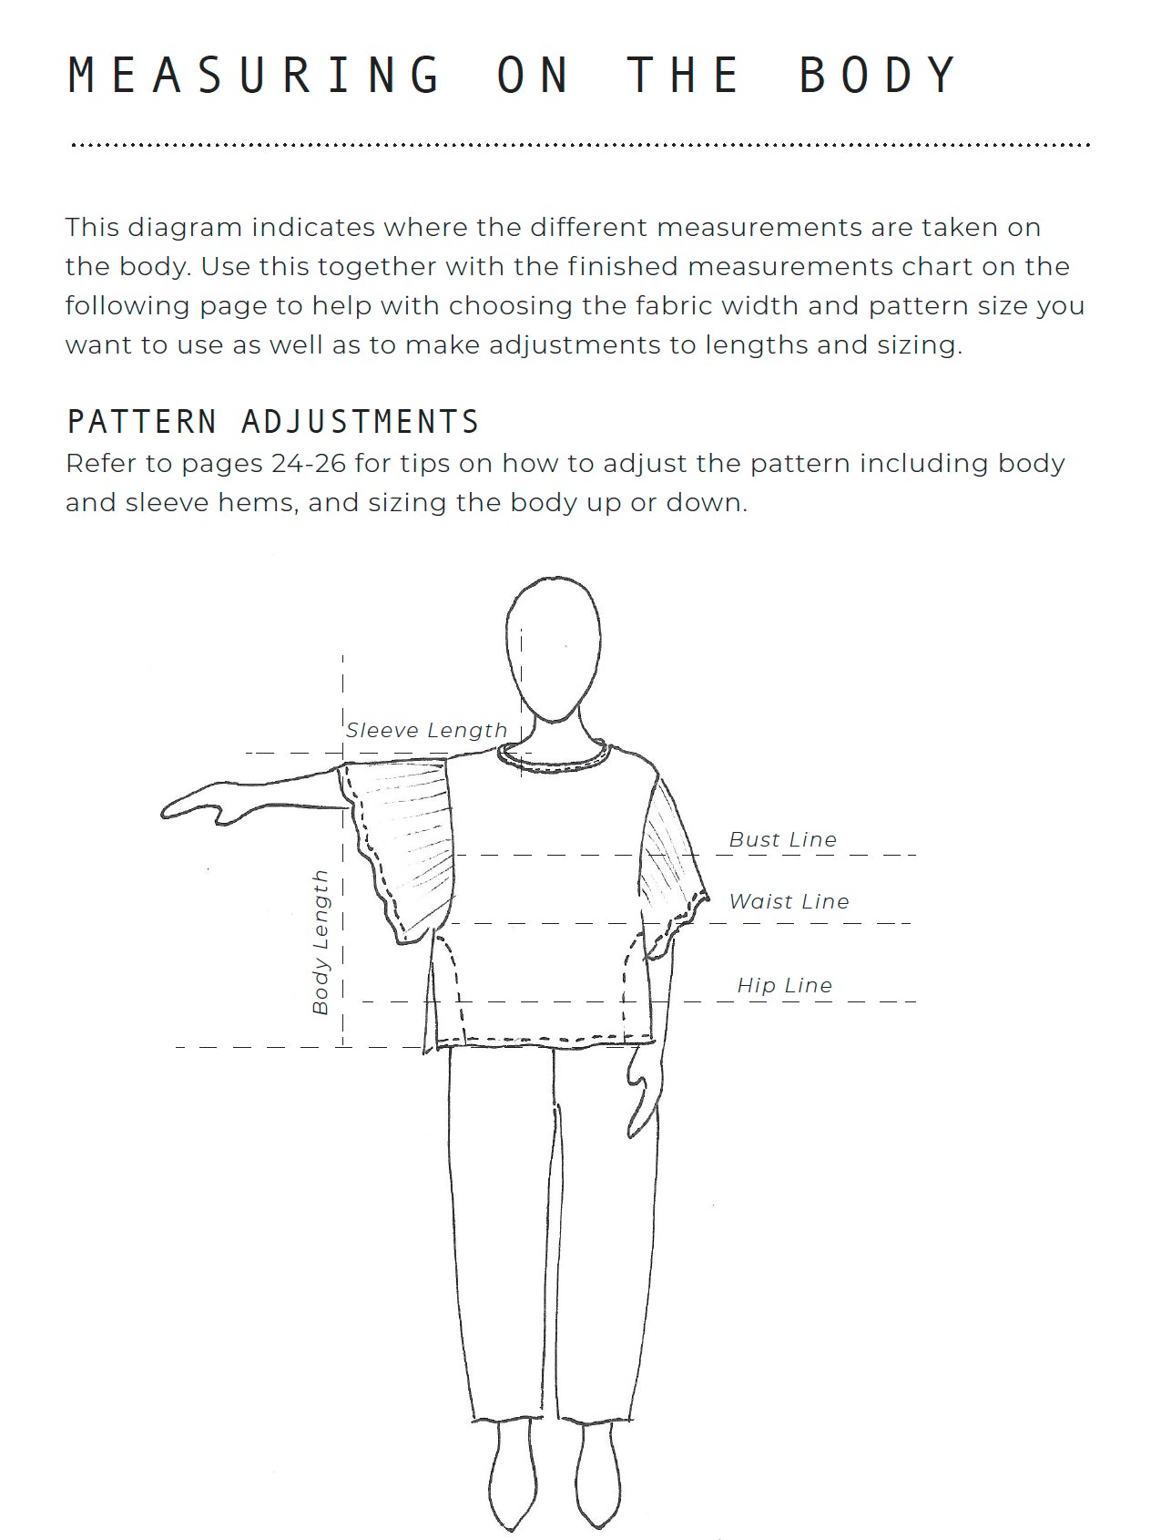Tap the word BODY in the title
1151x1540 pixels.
[x=878, y=75]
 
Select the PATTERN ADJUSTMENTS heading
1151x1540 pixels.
[x=273, y=422]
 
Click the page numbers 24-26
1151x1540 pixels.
[x=309, y=464]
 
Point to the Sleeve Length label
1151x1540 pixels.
[x=426, y=731]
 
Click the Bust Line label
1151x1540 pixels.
[x=782, y=840]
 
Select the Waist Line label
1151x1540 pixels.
[x=789, y=902]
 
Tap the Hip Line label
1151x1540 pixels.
[x=784, y=986]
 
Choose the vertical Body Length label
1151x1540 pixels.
[x=320, y=942]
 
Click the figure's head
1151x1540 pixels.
[x=554, y=647]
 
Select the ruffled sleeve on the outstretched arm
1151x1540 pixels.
[x=401, y=847]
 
